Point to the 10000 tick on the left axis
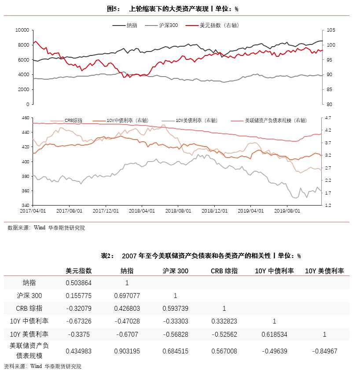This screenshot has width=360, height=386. (22, 30)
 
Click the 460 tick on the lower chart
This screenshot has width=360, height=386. (25, 118)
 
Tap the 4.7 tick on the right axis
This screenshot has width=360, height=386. (328, 118)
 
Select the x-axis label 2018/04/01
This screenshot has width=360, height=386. (142, 211)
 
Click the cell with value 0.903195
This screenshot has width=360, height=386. (127, 351)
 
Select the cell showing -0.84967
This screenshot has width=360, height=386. (324, 351)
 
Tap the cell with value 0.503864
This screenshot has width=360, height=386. (79, 283)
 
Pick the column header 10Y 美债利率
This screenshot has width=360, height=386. (324, 271)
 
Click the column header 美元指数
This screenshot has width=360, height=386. (79, 271)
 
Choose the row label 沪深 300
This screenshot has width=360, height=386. (29, 295)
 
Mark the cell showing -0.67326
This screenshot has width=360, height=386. (79, 321)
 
